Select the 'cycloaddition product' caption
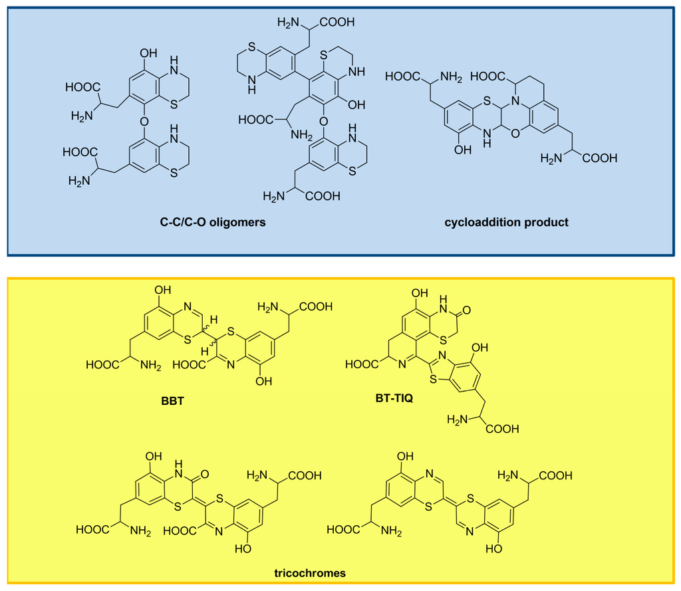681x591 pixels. click(506, 223)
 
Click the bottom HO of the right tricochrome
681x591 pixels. click(493, 550)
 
